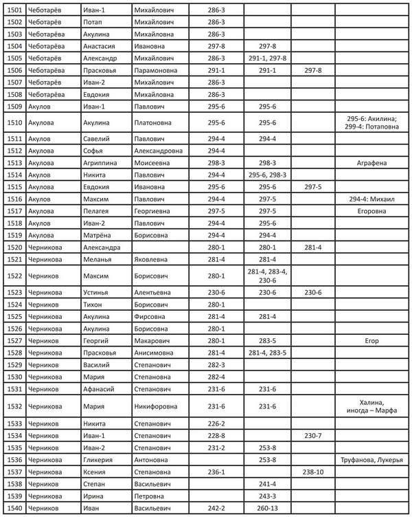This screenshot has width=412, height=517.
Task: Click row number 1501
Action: (x=14, y=10)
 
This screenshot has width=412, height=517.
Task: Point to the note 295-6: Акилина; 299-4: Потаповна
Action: (x=371, y=123)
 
